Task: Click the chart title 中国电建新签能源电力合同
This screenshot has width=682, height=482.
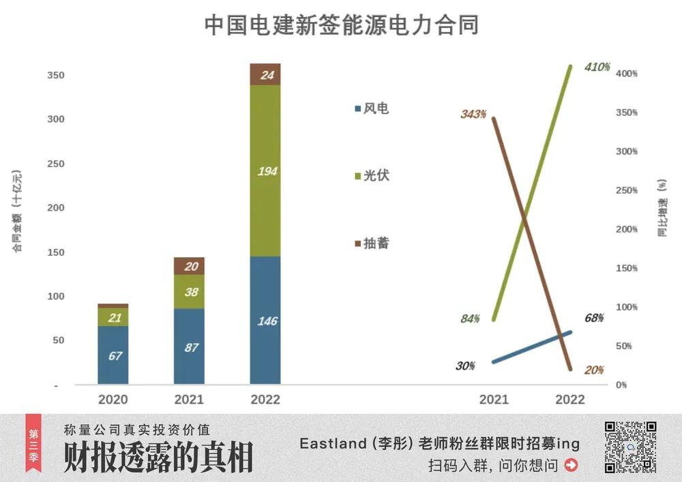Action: click(x=341, y=25)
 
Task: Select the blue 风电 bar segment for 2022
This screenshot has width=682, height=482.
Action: click(x=265, y=320)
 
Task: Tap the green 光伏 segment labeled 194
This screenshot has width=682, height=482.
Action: click(x=265, y=170)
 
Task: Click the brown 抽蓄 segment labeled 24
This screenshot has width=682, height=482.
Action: click(x=265, y=74)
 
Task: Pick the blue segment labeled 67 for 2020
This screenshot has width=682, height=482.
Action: click(x=113, y=355)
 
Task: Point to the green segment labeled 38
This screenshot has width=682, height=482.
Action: click(x=189, y=292)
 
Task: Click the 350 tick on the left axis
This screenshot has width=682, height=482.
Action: click(x=55, y=75)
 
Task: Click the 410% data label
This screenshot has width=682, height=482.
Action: click(x=597, y=67)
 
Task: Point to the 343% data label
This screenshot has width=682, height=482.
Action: click(x=473, y=114)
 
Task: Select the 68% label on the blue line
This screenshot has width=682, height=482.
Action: click(x=594, y=318)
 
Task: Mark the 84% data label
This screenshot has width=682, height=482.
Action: click(x=469, y=318)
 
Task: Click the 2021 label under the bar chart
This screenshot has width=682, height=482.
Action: click(x=189, y=400)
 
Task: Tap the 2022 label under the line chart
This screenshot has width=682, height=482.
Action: click(x=570, y=400)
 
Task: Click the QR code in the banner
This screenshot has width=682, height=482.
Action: click(x=630, y=447)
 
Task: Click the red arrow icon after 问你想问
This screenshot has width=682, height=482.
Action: click(x=572, y=466)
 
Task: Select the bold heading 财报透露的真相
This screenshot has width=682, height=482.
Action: click(x=158, y=457)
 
